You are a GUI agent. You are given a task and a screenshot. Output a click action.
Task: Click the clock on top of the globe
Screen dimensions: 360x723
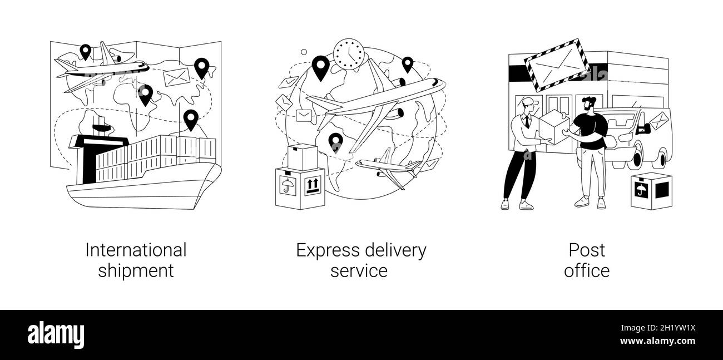(x=349, y=55)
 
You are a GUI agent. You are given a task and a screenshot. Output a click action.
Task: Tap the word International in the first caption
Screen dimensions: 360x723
(x=136, y=250)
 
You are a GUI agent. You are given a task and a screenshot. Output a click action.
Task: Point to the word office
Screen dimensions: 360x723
(x=586, y=271)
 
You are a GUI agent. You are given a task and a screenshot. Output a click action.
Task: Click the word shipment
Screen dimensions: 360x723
(x=136, y=271)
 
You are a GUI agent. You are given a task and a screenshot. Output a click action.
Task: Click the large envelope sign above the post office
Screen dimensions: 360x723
(x=558, y=65)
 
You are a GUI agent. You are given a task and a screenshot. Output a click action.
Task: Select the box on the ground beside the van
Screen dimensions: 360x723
(x=651, y=191)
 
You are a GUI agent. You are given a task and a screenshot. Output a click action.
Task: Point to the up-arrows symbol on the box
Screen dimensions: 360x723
(x=313, y=185)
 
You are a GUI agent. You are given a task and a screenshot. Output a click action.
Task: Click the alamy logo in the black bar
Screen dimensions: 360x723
(x=56, y=335)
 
